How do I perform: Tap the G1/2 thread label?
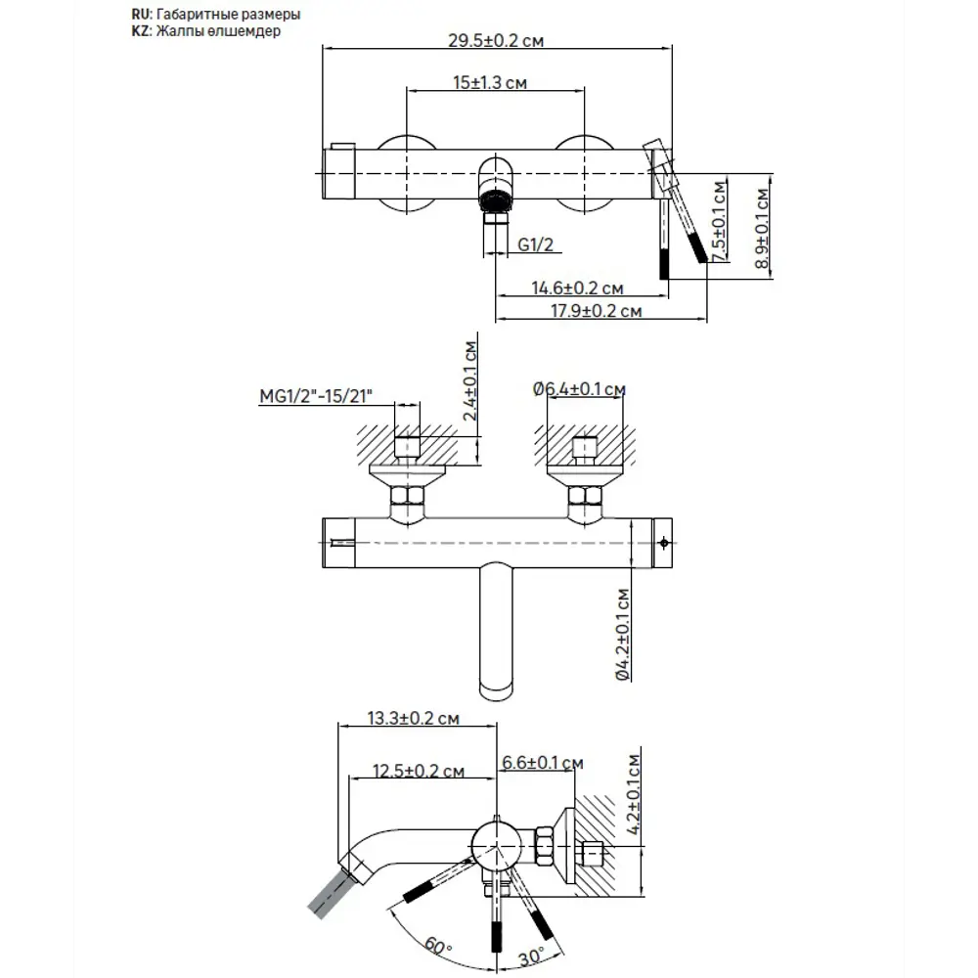(x=535, y=245)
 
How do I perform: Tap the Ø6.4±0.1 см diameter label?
(x=579, y=389)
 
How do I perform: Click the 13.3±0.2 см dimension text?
(x=414, y=719)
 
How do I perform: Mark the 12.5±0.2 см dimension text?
(x=419, y=771)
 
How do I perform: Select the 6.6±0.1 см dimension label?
(x=542, y=762)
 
